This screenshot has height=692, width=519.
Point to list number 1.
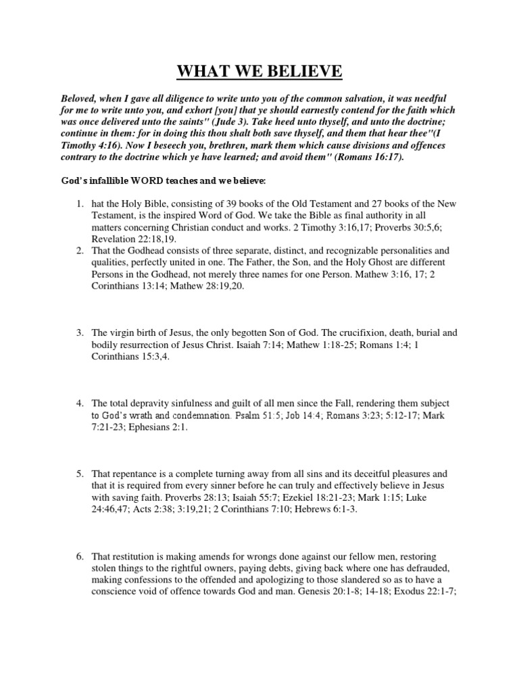[79, 203]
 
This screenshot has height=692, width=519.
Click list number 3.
[79, 332]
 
